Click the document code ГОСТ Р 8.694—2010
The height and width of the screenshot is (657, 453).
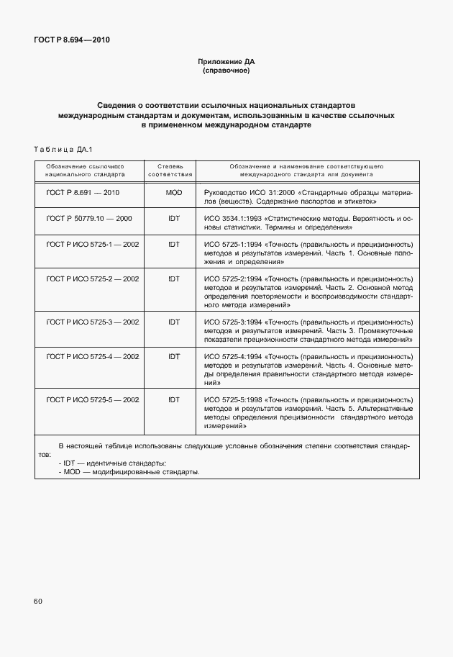point(71,40)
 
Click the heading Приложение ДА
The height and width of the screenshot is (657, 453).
point(226,62)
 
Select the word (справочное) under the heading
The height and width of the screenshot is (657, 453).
point(226,71)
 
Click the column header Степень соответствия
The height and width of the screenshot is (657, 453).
point(170,170)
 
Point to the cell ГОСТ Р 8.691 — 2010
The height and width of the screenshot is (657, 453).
point(82,193)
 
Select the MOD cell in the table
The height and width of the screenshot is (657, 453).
point(173,193)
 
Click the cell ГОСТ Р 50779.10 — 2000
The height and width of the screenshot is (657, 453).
point(88,218)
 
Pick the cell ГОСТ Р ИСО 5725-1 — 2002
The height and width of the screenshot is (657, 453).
point(92,244)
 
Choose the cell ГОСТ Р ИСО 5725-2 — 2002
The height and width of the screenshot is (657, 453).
point(92,278)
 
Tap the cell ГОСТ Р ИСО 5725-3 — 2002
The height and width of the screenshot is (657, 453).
point(92,322)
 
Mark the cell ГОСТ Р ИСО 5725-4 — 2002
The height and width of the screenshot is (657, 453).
point(92,356)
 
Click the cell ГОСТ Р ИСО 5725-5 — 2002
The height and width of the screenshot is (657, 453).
point(92,399)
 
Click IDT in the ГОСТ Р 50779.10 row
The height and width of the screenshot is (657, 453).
point(173,218)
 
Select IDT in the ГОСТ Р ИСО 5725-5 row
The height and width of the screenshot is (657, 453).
point(173,399)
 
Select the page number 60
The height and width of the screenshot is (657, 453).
point(37,600)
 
